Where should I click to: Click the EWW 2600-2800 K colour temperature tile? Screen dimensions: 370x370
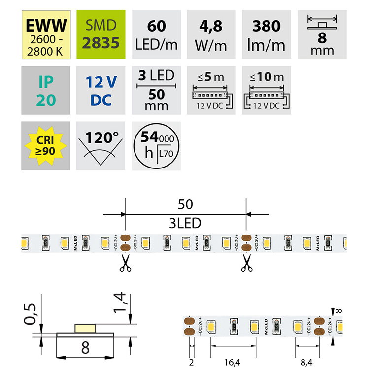[x=43, y=32]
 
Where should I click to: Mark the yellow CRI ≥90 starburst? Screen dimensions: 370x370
[x=43, y=144]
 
